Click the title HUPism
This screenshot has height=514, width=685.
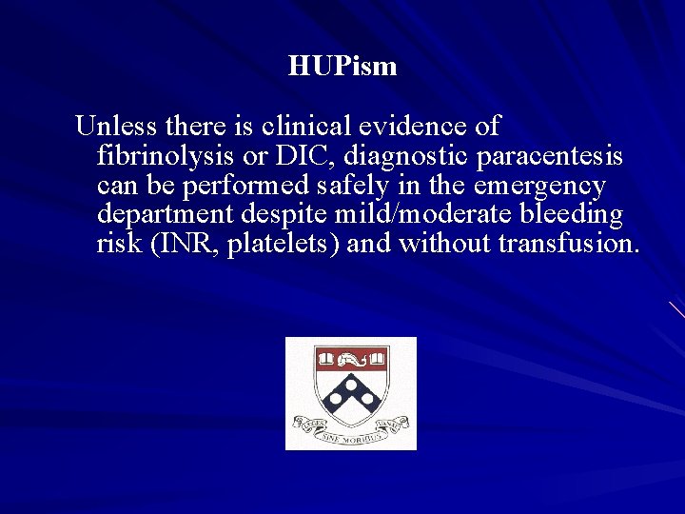coord(342,67)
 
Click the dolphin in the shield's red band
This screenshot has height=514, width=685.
coord(351,360)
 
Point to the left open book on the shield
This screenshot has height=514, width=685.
coord(326,360)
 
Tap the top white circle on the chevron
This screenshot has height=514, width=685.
coord(351,383)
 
